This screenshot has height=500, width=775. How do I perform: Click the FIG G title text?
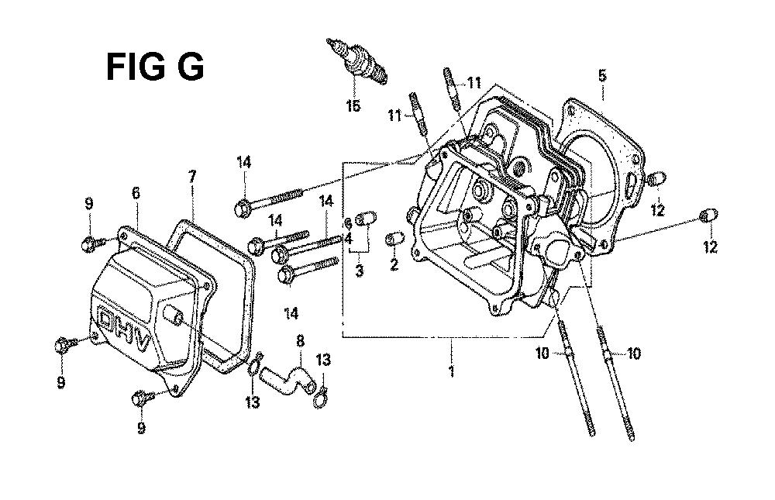(x=155, y=67)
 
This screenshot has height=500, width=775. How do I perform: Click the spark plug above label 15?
(x=356, y=61)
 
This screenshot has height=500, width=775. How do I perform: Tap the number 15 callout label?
(x=353, y=105)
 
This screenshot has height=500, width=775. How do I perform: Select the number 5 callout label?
(x=602, y=76)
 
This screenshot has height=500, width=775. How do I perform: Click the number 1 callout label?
(x=451, y=371)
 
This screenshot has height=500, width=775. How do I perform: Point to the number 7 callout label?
(x=192, y=176)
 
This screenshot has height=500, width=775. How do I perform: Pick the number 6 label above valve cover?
(x=136, y=193)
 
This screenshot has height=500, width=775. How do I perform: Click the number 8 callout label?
(x=300, y=341)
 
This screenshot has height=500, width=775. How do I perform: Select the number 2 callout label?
(x=394, y=264)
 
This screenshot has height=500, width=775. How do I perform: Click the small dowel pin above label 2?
(x=395, y=239)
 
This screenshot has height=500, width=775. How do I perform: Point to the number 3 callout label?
(x=360, y=271)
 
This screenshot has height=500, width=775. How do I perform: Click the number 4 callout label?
(x=349, y=240)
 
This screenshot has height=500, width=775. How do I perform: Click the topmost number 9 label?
(x=89, y=203)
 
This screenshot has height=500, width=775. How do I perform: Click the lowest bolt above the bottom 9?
(x=144, y=397)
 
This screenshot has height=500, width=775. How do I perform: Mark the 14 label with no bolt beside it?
(x=291, y=313)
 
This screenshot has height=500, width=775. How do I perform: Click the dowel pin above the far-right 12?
(x=709, y=216)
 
